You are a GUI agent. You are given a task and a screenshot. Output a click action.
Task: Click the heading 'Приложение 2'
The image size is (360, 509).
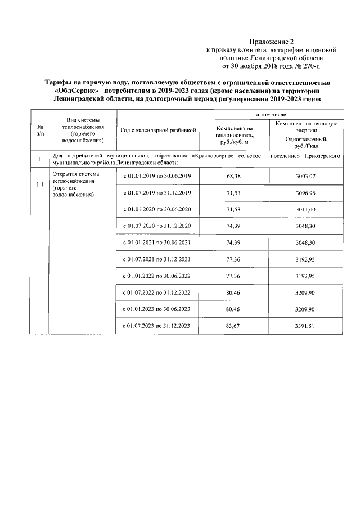272,41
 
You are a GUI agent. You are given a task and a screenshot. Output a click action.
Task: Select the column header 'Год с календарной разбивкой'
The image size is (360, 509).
158,130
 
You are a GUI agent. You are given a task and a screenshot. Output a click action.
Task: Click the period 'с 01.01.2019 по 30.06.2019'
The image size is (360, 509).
158,176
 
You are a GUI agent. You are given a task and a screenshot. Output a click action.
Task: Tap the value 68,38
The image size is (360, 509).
234,176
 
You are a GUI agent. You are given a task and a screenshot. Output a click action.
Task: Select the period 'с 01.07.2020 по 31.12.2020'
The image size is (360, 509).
158,226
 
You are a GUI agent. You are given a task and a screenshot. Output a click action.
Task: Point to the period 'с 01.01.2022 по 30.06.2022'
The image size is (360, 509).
158,276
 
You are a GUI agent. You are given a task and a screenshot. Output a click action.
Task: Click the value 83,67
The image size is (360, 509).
234,326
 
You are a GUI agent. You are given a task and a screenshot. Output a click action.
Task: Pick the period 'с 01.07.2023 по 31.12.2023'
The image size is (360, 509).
158,326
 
